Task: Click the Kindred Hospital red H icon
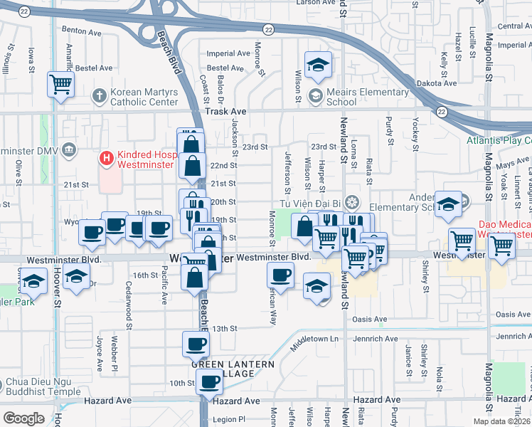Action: pyautogui.click(x=107, y=157)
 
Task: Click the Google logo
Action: pyautogui.click(x=23, y=418)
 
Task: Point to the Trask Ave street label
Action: pyautogui.click(x=225, y=112)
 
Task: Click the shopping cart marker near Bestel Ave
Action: pyautogui.click(x=61, y=85)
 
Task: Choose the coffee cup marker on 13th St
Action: pyautogui.click(x=196, y=344)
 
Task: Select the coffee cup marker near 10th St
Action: pyautogui.click(x=209, y=382)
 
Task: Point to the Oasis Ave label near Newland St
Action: pyautogui.click(x=371, y=320)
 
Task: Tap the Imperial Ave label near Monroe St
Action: pyautogui.click(x=228, y=53)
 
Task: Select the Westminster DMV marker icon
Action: pyautogui.click(x=69, y=150)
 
